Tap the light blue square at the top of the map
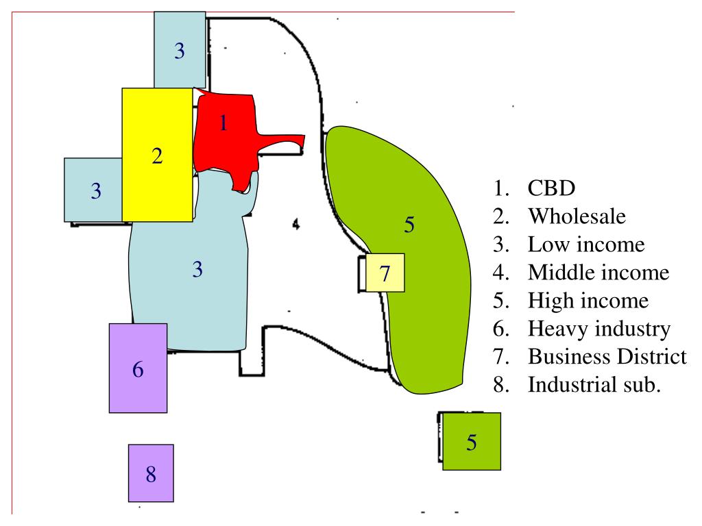click(x=180, y=49)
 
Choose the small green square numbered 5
click(x=471, y=441)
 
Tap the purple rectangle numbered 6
click(x=138, y=368)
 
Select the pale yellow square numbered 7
click(x=385, y=273)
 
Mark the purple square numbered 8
click(x=151, y=473)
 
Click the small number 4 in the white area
click(x=295, y=223)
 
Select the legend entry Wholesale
click(x=577, y=216)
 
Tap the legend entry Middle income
click(x=598, y=273)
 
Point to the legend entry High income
click(x=588, y=301)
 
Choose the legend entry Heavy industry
click(x=598, y=329)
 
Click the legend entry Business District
click(x=607, y=357)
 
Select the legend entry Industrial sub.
click(x=594, y=384)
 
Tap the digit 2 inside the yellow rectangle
click(x=157, y=156)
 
